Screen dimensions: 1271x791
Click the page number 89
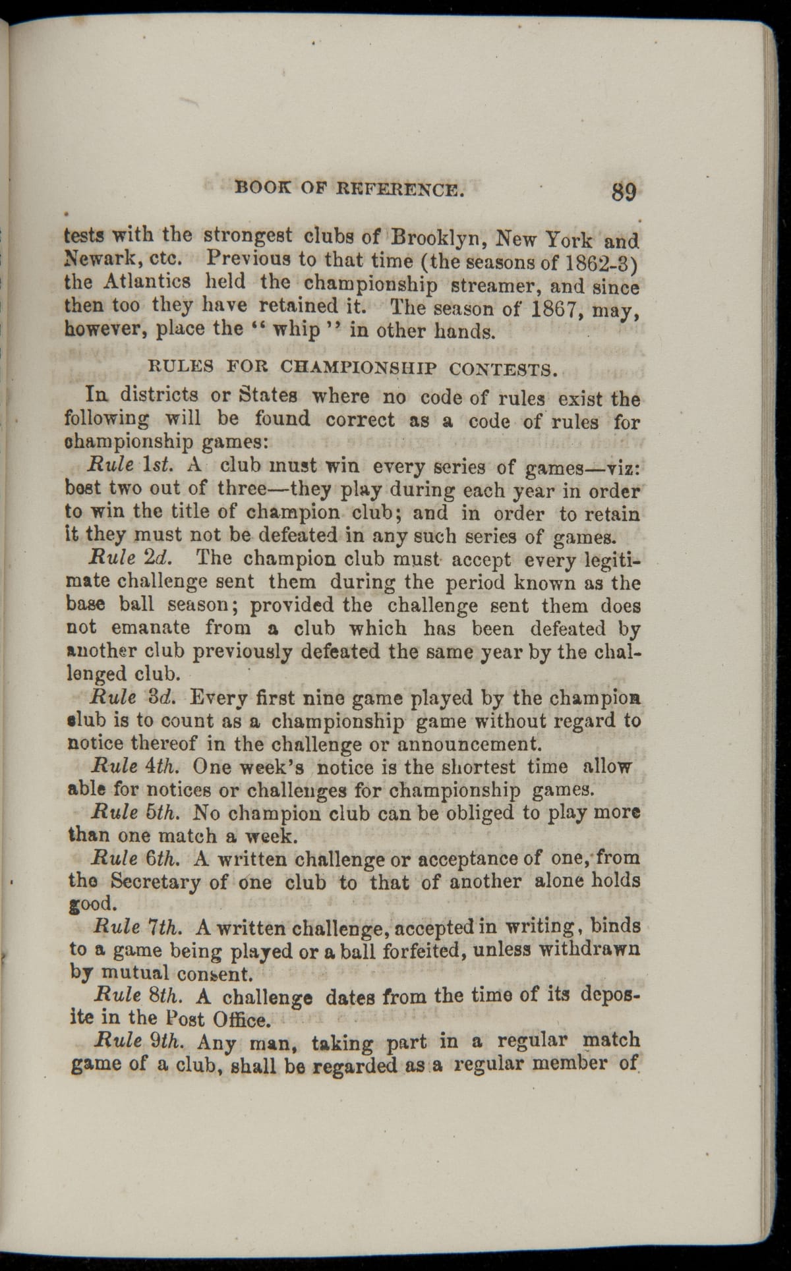point(624,191)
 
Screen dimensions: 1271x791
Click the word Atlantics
point(146,281)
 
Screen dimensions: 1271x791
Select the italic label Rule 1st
point(131,465)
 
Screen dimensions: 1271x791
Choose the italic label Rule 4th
point(135,766)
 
